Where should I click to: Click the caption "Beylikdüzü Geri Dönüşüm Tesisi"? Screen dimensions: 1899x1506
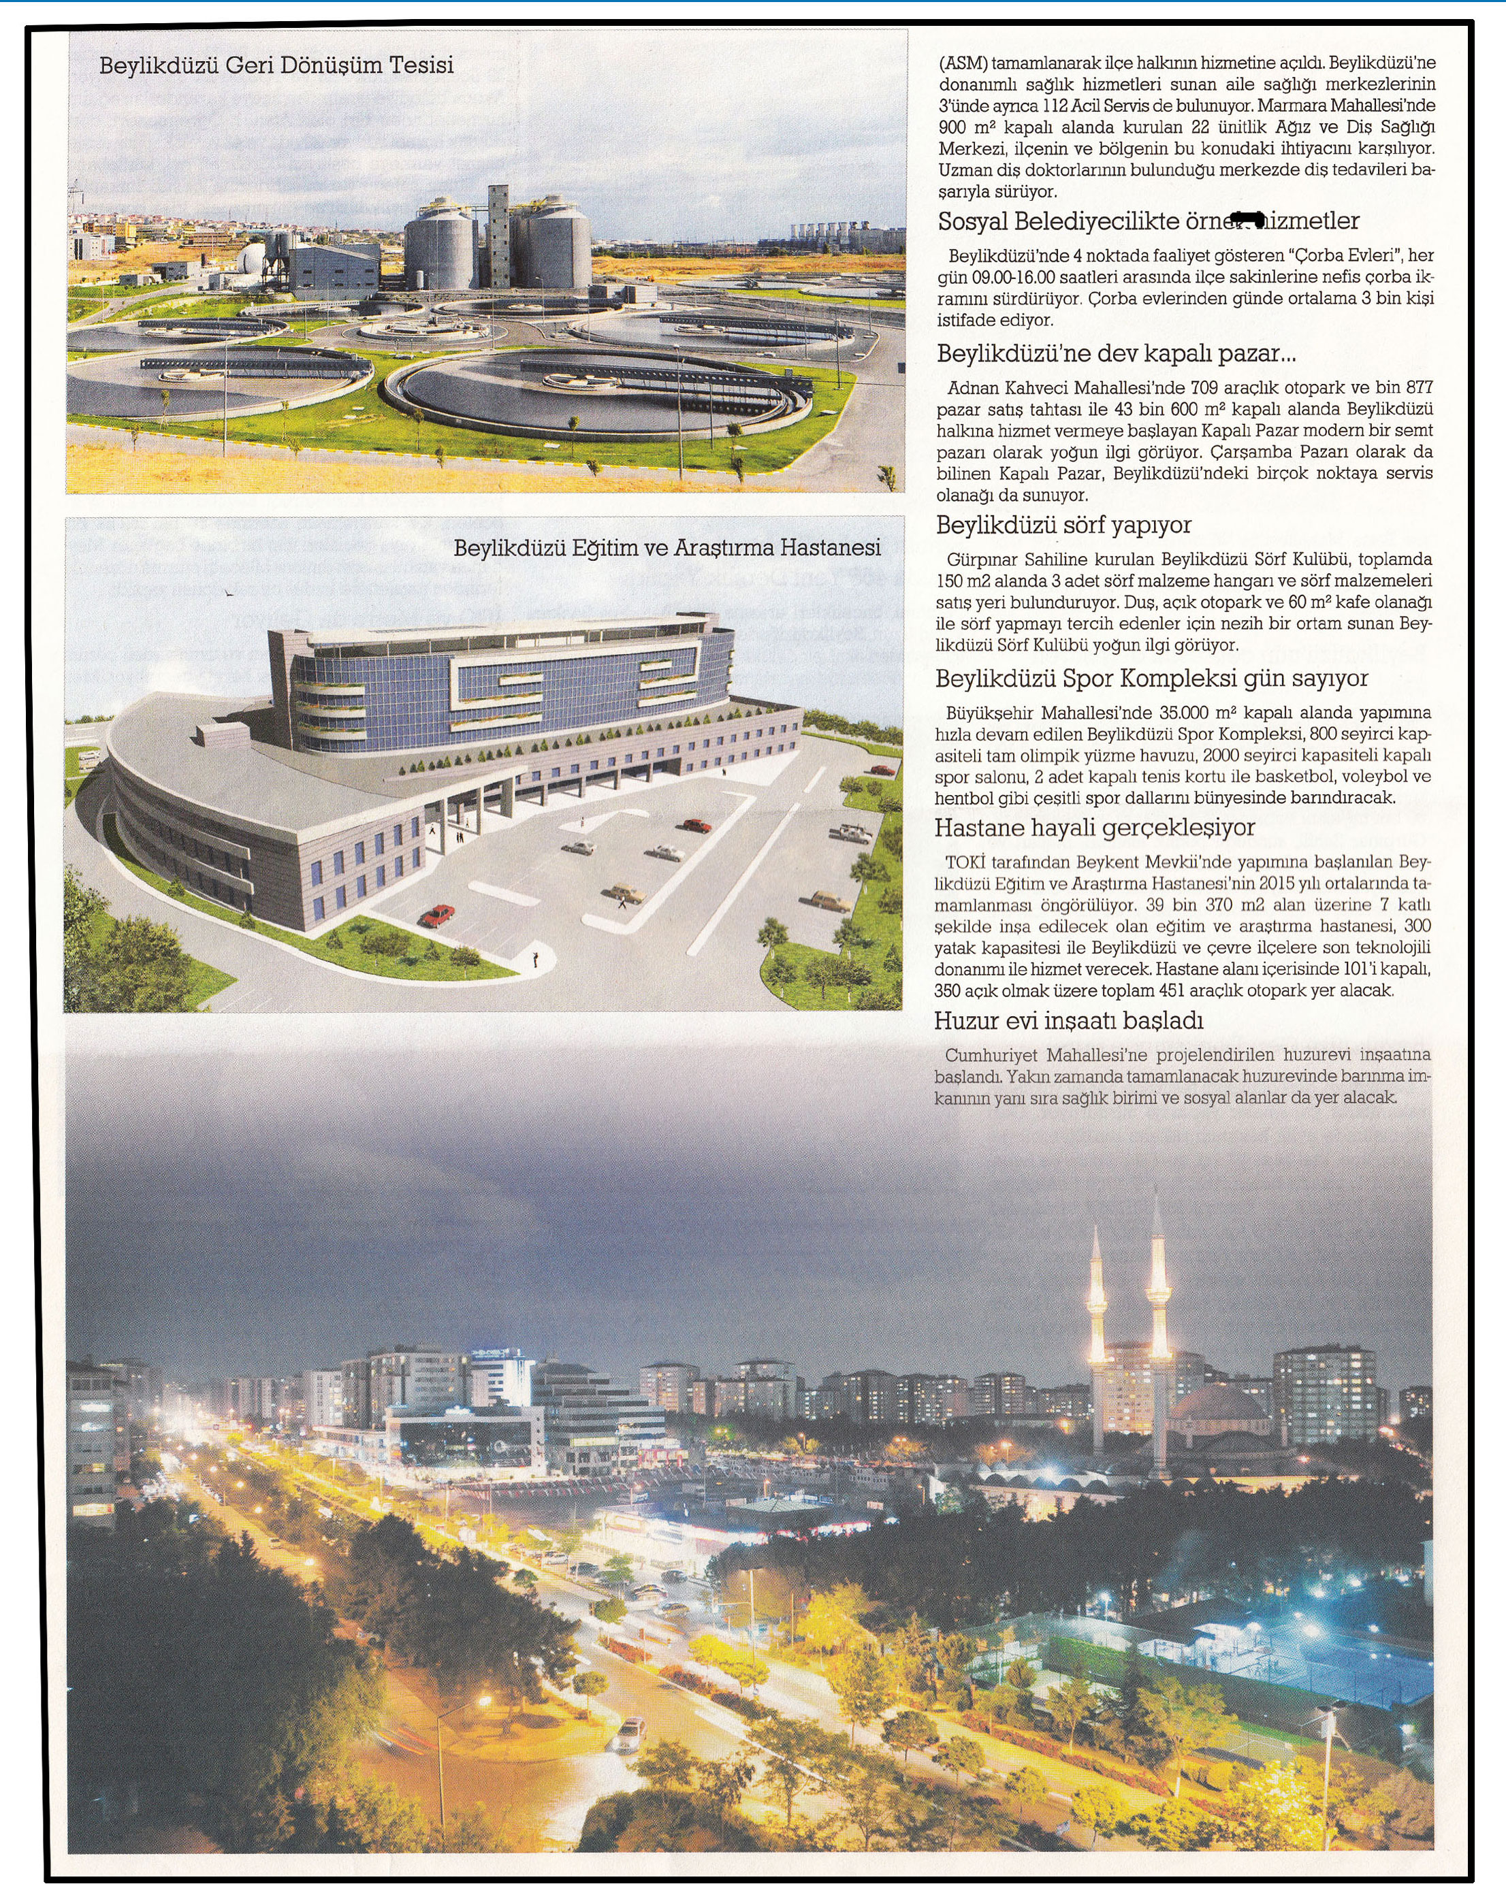[276, 65]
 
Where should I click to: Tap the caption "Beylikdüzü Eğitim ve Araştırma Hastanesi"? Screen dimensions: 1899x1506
[667, 548]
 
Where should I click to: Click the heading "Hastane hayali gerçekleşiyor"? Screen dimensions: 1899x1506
[1095, 828]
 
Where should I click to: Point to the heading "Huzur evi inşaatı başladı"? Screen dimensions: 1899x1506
[1069, 1021]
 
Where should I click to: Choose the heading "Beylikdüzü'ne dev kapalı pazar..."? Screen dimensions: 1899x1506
[1117, 354]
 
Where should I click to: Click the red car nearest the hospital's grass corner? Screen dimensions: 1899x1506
[437, 915]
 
